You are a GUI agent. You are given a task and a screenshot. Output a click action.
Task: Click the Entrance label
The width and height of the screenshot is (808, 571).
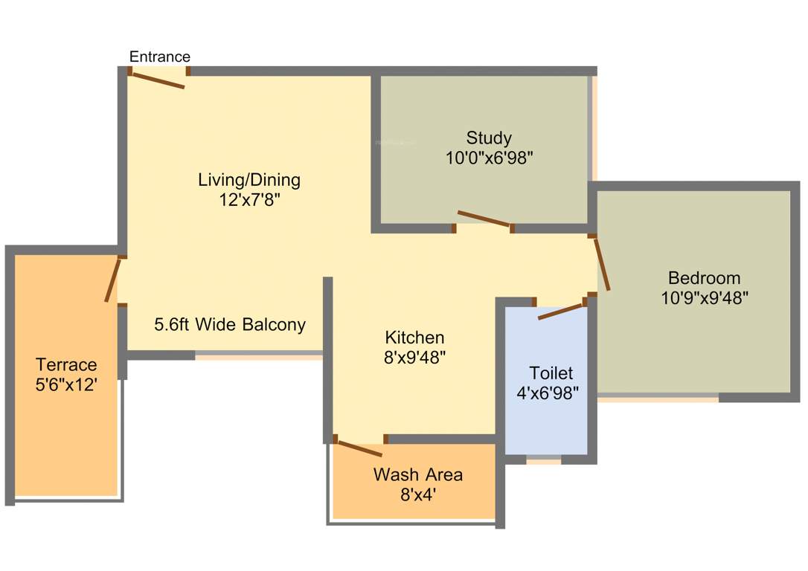160,57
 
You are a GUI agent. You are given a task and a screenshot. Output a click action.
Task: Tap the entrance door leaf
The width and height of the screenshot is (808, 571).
157,80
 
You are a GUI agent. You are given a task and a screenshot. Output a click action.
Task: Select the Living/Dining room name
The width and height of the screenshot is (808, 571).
249,180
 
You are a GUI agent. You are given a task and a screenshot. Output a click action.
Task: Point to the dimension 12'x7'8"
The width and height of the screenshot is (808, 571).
249,200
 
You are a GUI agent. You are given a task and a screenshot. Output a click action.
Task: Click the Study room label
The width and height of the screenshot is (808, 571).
489,138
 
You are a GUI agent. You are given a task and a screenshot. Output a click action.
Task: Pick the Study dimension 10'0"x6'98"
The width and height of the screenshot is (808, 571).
489,158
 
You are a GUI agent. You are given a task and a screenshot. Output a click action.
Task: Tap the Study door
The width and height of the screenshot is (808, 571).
484,219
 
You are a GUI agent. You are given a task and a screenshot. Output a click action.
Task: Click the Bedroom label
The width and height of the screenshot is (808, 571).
704,278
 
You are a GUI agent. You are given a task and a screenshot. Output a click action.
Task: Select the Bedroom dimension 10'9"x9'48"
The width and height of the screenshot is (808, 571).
704,298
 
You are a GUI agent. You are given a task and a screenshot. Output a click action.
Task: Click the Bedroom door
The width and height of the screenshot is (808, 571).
602,264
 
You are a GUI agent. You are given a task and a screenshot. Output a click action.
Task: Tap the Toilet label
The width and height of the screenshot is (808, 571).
551,372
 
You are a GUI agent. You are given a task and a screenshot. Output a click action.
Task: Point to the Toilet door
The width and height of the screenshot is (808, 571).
560,312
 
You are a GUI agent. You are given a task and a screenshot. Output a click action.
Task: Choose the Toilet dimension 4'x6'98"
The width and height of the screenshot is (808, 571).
548,393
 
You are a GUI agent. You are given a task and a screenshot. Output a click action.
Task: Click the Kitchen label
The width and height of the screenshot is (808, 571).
414,338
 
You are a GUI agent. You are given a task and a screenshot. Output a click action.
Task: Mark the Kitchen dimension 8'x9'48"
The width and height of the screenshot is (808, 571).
414,358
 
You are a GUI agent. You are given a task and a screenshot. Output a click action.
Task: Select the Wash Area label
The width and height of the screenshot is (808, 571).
417,474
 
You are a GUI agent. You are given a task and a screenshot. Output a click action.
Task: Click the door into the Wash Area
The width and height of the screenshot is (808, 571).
359,448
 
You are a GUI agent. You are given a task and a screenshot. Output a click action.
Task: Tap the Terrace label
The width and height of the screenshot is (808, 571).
66,365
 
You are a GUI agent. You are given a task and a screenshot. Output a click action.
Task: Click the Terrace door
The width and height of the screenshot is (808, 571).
112,280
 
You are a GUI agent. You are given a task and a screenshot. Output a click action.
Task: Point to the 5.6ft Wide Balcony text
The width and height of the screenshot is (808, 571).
230,325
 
